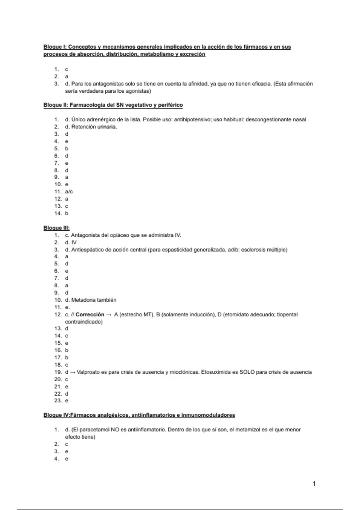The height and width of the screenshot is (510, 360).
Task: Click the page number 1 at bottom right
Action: click(314, 483)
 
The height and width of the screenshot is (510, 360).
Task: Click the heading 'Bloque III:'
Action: click(56, 228)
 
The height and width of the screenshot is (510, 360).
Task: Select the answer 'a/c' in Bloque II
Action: click(69, 191)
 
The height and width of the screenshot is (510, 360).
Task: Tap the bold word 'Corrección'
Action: click(90, 314)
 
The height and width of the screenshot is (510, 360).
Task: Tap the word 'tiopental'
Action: click(287, 314)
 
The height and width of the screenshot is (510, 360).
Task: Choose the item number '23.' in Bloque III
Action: click(58, 400)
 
